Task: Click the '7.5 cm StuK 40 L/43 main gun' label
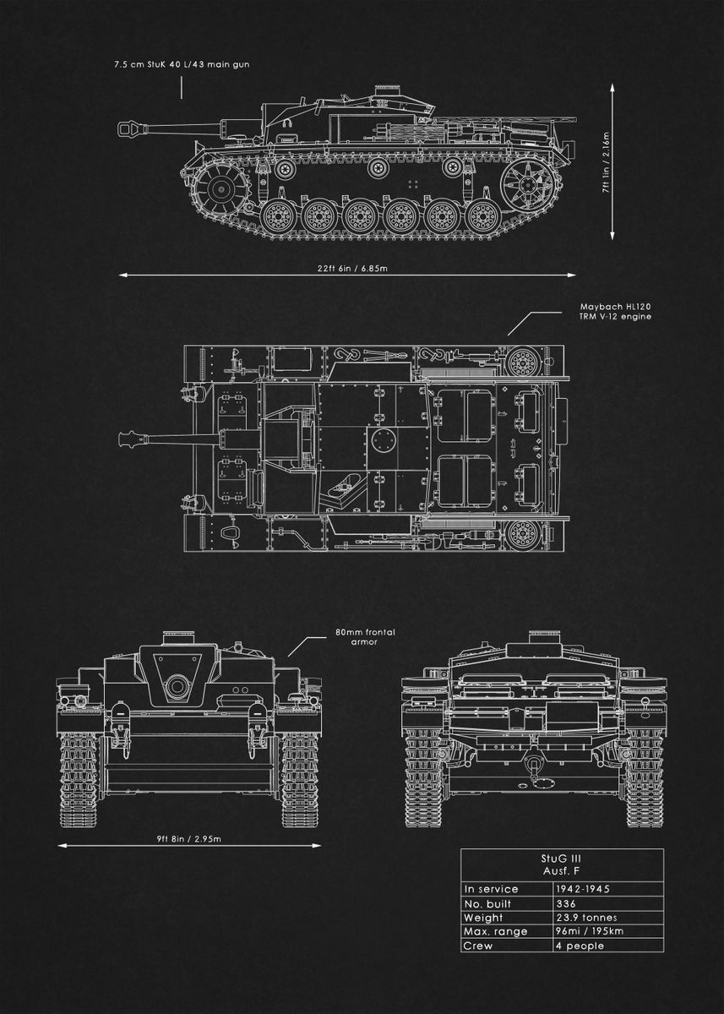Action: click(182, 64)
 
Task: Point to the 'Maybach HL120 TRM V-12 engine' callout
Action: click(615, 311)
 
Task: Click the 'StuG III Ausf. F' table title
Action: click(561, 864)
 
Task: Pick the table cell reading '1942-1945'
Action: click(583, 889)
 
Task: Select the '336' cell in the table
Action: click(565, 903)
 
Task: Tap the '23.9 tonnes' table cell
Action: click(585, 918)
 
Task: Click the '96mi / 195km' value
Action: click(589, 931)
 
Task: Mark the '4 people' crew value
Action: click(580, 946)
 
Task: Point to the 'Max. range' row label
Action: click(496, 931)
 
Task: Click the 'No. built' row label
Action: click(490, 903)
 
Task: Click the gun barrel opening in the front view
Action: click(177, 685)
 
